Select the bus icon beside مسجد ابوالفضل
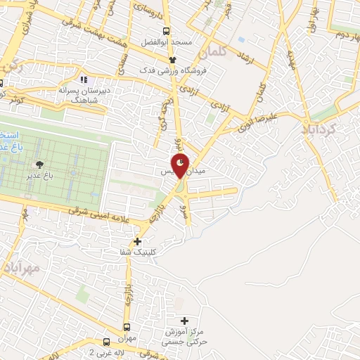coord(166,31)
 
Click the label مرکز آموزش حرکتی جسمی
coord(186,335)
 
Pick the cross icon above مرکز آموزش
coord(185,321)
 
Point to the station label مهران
coord(127,337)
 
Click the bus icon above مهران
coord(127,327)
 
